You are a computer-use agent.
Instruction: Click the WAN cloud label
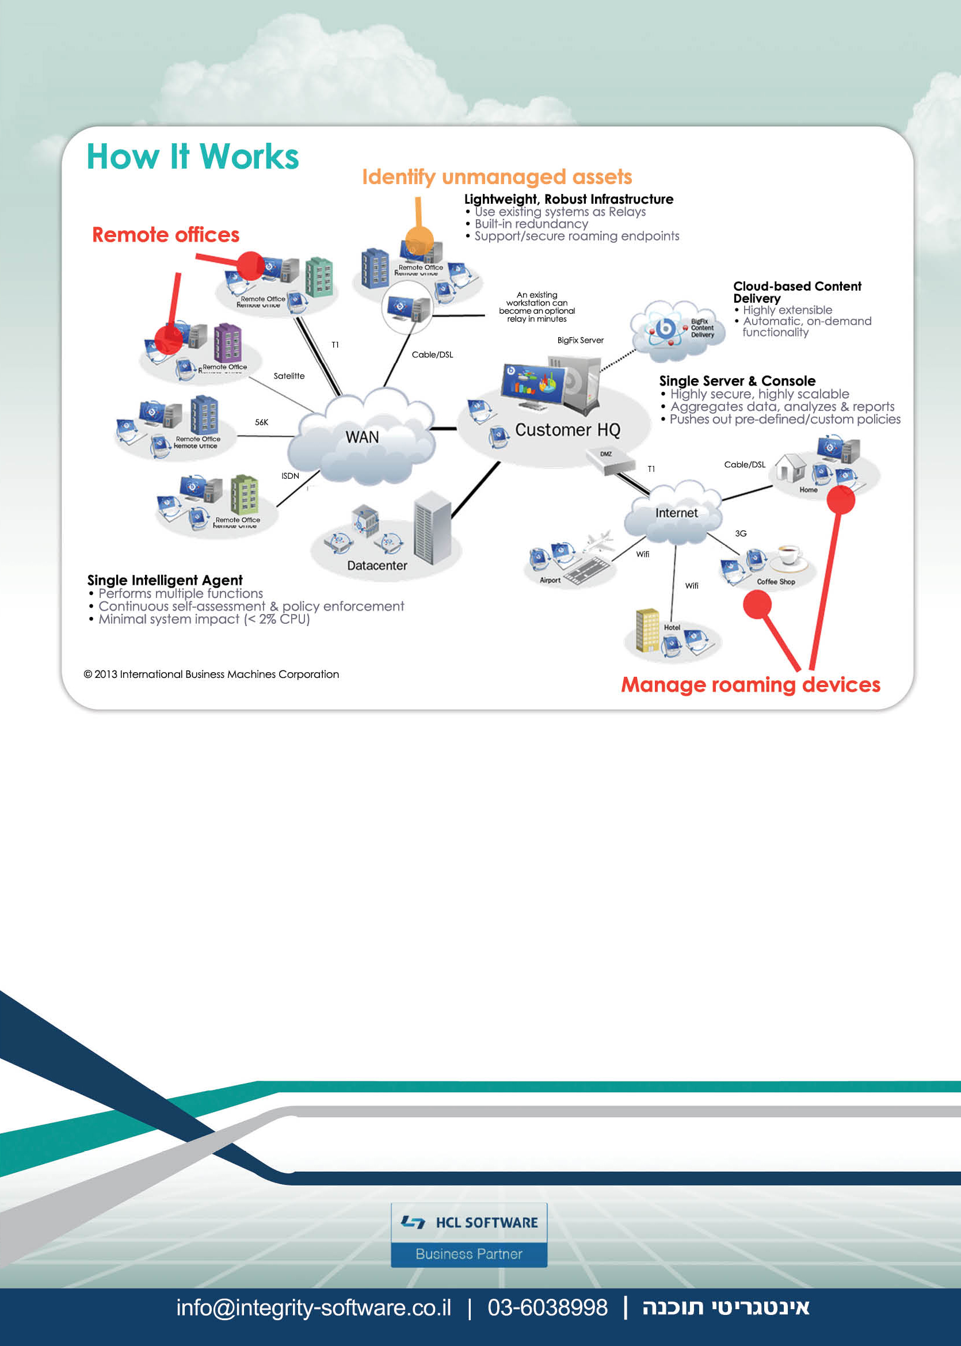pyautogui.click(x=362, y=437)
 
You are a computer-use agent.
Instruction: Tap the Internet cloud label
pyautogui.click(x=676, y=513)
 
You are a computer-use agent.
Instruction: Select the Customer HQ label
pyautogui.click(x=567, y=429)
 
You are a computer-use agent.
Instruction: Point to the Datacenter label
pyautogui.click(x=377, y=566)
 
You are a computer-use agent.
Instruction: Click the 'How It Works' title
pyautogui.click(x=193, y=157)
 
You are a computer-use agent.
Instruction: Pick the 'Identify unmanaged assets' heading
pyautogui.click(x=497, y=177)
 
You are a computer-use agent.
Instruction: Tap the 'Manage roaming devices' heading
pyautogui.click(x=750, y=685)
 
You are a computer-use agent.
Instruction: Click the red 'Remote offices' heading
pyautogui.click(x=166, y=235)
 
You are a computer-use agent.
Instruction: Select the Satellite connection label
pyautogui.click(x=289, y=376)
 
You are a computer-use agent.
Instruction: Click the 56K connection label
pyautogui.click(x=262, y=422)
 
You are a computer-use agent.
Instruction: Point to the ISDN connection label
pyautogui.click(x=290, y=476)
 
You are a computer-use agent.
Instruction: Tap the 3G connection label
pyautogui.click(x=740, y=533)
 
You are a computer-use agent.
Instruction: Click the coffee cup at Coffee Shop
pyautogui.click(x=790, y=555)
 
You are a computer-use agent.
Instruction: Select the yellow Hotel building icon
pyautogui.click(x=647, y=630)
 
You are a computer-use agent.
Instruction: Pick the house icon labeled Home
pyautogui.click(x=791, y=468)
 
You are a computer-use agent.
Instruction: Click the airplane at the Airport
pyautogui.click(x=599, y=541)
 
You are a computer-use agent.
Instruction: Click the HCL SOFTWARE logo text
pyautogui.click(x=486, y=1222)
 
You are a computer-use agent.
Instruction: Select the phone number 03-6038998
pyautogui.click(x=547, y=1307)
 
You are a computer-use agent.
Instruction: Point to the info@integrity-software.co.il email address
pyautogui.click(x=314, y=1307)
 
